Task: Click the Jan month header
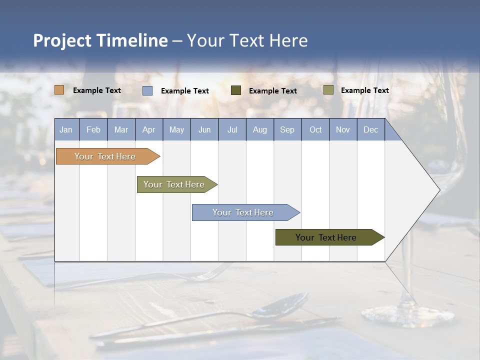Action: [66, 130]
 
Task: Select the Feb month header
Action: [93, 130]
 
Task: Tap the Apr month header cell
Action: [148, 130]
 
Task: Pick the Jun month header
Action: [204, 130]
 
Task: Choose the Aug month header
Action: [259, 130]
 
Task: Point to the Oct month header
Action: [315, 130]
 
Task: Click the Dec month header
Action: [370, 130]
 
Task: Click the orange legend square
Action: [59, 90]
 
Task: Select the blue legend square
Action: [147, 90]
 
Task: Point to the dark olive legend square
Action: [236, 90]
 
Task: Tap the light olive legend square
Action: [328, 90]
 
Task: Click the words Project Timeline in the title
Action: [100, 40]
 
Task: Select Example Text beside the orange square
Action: [97, 90]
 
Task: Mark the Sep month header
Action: [287, 130]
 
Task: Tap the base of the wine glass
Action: [407, 315]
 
